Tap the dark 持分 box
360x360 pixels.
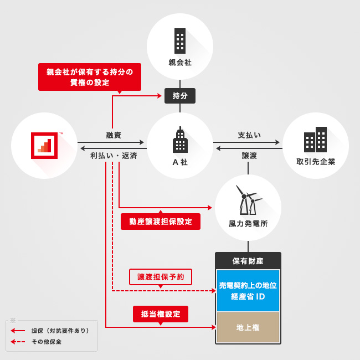180,96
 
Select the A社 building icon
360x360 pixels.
180,141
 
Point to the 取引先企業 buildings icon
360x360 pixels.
315,140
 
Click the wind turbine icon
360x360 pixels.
248,200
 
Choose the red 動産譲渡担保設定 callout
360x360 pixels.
161,222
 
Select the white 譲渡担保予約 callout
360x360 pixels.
161,276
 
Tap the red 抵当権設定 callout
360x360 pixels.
161,314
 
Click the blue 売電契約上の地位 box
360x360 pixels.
248,291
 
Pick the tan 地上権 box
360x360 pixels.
248,327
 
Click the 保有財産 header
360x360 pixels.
248,261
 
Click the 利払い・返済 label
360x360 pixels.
114,156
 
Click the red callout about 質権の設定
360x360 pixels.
90,77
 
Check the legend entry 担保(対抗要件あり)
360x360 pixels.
60,331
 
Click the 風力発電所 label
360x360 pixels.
248,224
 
